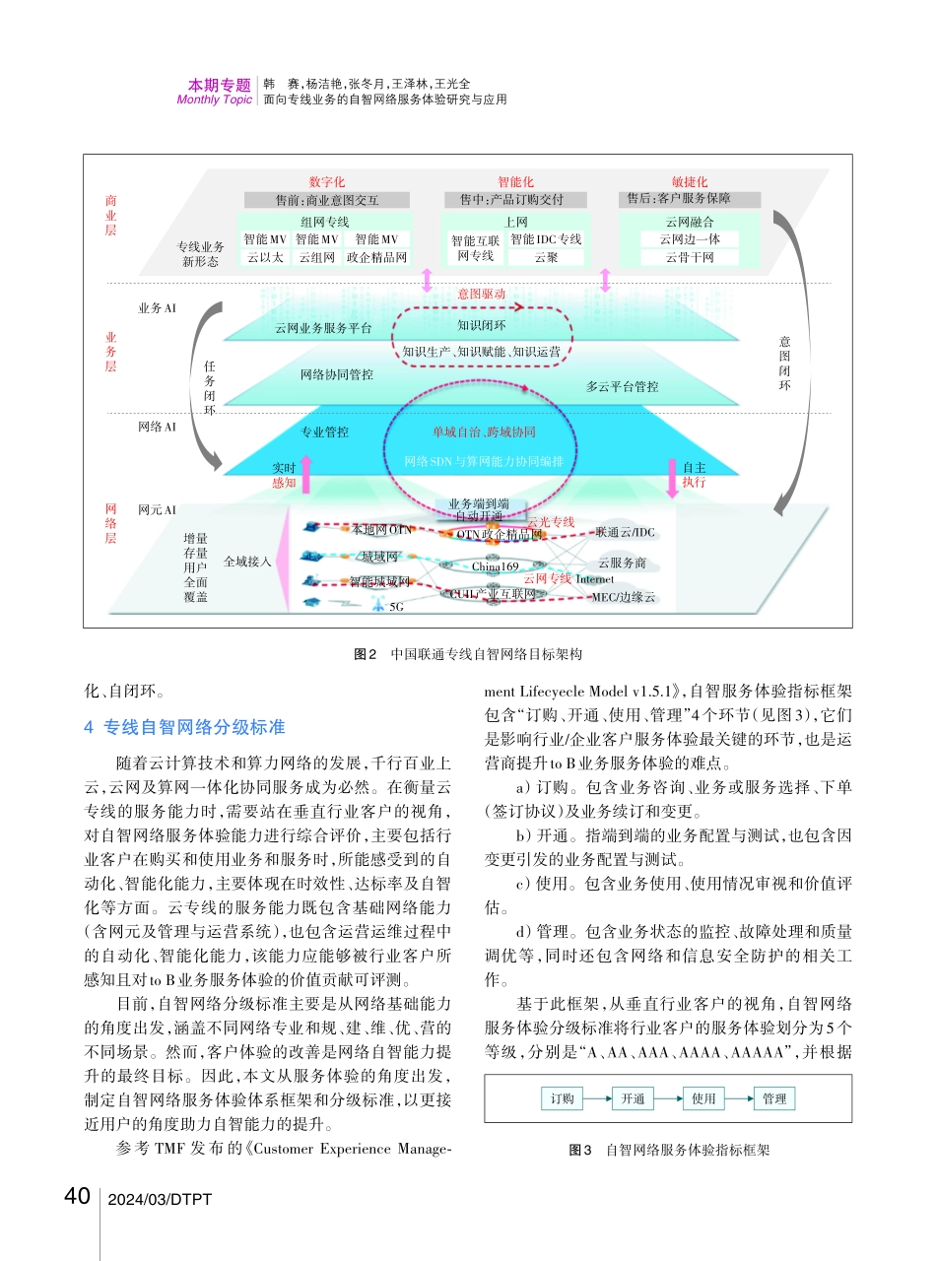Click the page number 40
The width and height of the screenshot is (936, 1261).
(x=77, y=1197)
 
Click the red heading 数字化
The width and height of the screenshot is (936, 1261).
(x=326, y=182)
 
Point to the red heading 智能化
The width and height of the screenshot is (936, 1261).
(x=515, y=182)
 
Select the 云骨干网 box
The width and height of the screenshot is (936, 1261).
(x=690, y=258)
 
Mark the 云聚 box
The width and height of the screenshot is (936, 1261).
(x=546, y=258)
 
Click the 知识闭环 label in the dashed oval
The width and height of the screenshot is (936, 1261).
(x=482, y=325)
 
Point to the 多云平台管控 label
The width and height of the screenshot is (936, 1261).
(x=622, y=387)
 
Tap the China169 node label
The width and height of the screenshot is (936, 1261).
(x=495, y=566)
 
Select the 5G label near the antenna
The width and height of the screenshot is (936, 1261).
(x=397, y=607)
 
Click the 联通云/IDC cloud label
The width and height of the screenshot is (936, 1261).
(x=625, y=533)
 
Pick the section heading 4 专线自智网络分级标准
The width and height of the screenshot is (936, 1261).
(x=185, y=727)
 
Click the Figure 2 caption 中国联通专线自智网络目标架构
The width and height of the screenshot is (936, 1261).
(x=467, y=653)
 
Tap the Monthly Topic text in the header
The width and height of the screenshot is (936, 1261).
(x=214, y=100)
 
